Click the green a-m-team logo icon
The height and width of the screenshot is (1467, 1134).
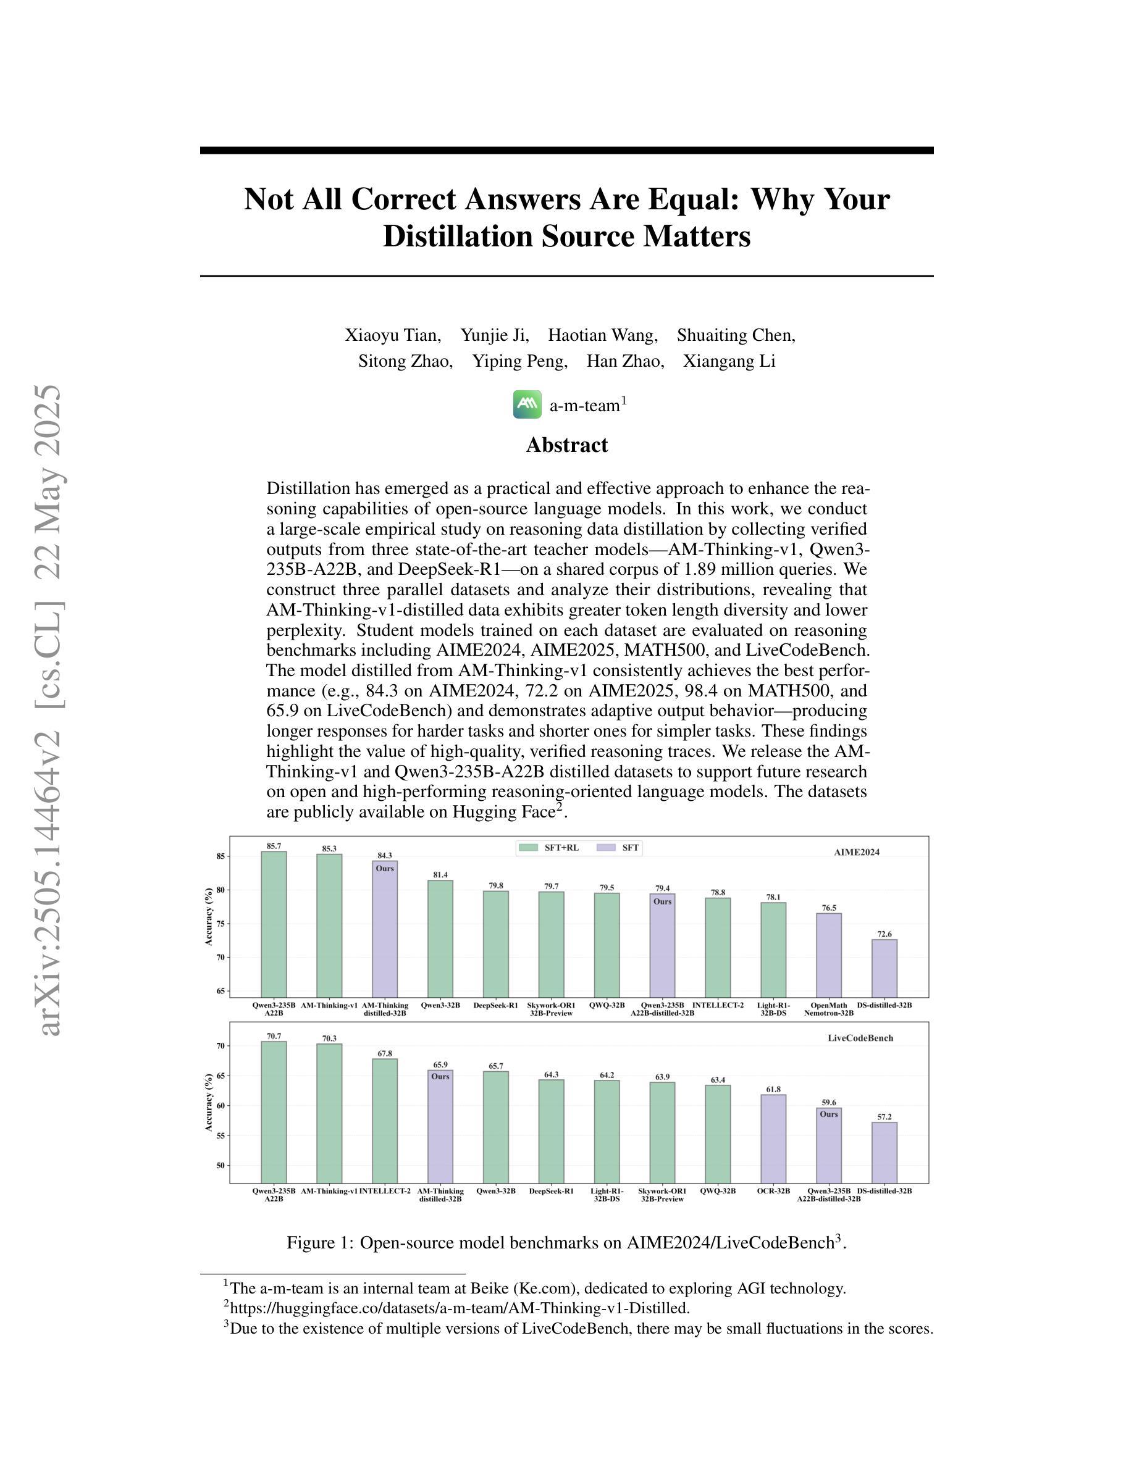coord(527,404)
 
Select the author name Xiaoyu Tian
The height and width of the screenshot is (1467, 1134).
coord(393,335)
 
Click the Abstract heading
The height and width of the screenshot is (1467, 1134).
coord(567,445)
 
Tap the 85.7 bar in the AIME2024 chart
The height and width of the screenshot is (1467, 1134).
coord(274,924)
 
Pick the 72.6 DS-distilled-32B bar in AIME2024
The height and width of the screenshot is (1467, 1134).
coord(884,968)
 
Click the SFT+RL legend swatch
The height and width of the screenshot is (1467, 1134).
coord(528,848)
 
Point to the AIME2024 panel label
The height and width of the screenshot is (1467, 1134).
coord(857,853)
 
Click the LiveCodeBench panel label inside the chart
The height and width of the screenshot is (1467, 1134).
coord(860,1038)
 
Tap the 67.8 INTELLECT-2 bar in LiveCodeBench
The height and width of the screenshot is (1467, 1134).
coord(384,1121)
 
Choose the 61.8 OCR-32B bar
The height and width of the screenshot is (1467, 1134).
coord(774,1139)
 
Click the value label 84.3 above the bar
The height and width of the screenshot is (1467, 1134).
coord(385,856)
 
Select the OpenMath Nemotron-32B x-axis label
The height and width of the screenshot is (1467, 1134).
coord(829,1009)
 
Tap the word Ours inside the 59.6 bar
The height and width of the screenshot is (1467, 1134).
coord(829,1114)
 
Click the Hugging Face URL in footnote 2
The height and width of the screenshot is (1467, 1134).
coord(460,1308)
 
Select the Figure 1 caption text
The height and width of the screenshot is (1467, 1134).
coord(567,1243)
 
